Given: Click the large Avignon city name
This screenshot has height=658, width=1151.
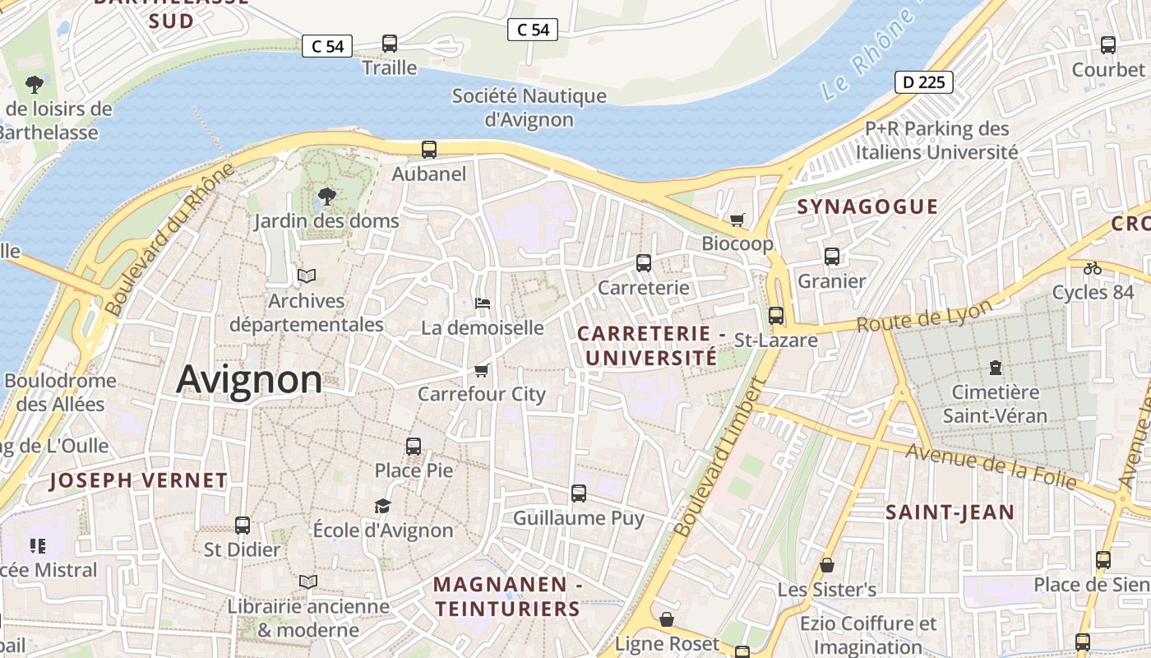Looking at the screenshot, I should pyautogui.click(x=249, y=379).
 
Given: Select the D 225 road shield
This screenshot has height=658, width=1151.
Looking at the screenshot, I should pyautogui.click(x=923, y=82).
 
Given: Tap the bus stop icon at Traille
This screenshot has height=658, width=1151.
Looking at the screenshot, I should pyautogui.click(x=390, y=44).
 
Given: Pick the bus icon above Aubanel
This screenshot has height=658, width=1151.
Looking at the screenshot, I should pyautogui.click(x=429, y=150).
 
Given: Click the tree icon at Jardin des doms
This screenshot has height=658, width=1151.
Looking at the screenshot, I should pyautogui.click(x=326, y=197).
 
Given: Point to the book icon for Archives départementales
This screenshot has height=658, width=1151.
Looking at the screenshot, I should pyautogui.click(x=307, y=276).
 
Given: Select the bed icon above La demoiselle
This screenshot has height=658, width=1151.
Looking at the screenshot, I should pyautogui.click(x=483, y=304).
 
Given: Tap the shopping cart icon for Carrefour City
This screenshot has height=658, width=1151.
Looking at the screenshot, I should pyautogui.click(x=482, y=370).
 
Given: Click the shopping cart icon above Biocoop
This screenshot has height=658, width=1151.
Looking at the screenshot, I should pyautogui.click(x=737, y=220).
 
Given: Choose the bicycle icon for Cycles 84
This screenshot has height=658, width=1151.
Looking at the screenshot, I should pyautogui.click(x=1093, y=268).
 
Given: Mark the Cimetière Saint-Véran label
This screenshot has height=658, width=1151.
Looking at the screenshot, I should pyautogui.click(x=995, y=403).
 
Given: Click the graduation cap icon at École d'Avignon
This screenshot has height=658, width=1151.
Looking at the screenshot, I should pyautogui.click(x=382, y=506).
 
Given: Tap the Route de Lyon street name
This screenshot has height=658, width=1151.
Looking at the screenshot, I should pyautogui.click(x=924, y=316).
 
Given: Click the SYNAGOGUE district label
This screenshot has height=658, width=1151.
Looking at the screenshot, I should pyautogui.click(x=867, y=206).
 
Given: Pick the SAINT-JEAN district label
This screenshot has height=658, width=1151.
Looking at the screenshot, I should pyautogui.click(x=950, y=512).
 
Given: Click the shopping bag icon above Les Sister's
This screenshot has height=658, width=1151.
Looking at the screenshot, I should pyautogui.click(x=827, y=566).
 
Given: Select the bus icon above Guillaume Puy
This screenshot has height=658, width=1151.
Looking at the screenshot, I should pyautogui.click(x=579, y=493).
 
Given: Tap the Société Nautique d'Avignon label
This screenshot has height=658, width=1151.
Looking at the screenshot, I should pyautogui.click(x=529, y=107).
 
